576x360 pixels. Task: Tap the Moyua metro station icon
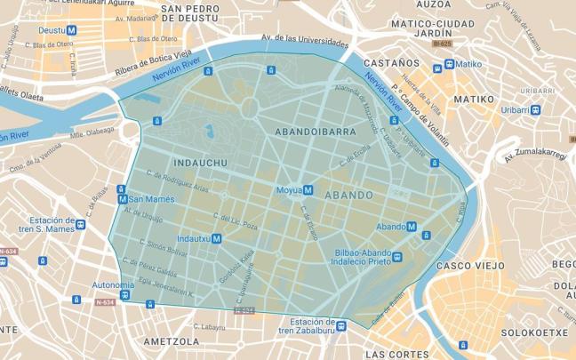(x=308, y=189)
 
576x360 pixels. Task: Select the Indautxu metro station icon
(x=216, y=238)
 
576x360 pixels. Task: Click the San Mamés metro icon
(x=123, y=199)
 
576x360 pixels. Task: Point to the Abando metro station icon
(x=412, y=226)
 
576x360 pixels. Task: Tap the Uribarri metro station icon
(x=535, y=108)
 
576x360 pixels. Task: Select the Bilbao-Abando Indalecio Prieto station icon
(x=396, y=258)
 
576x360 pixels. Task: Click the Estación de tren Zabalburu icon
(x=340, y=326)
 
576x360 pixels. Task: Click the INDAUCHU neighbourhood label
(x=202, y=163)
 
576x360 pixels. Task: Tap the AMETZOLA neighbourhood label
(x=172, y=340)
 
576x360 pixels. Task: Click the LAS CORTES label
(x=396, y=353)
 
